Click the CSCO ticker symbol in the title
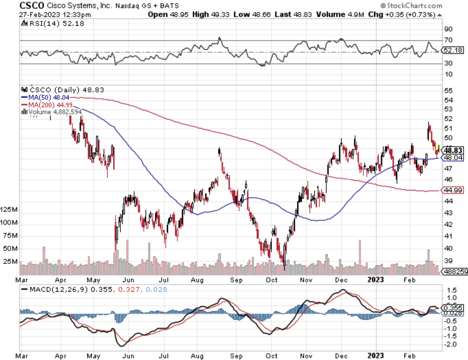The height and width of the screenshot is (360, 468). [x=31, y=5]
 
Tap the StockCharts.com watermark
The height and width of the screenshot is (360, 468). [x=411, y=5]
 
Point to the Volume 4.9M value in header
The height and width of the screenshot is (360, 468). [x=340, y=14]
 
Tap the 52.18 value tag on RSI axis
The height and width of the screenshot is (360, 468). [x=453, y=50]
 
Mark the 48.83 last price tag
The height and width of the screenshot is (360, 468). [x=453, y=150]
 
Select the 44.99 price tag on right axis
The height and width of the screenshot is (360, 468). [x=453, y=190]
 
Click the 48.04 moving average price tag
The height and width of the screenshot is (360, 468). [x=453, y=158]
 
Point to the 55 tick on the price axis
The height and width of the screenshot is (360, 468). [x=448, y=91]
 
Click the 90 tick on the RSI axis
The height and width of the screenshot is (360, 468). [x=448, y=29]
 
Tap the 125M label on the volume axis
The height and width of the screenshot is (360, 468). [x=8, y=209]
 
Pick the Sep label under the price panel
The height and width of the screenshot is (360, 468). [x=236, y=280]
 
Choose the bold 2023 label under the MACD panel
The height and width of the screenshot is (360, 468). [x=375, y=356]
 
